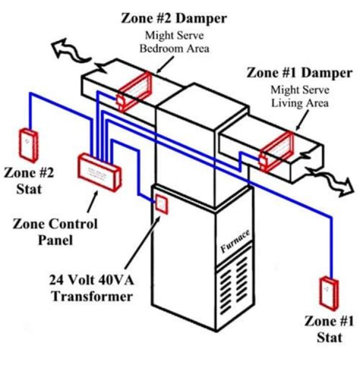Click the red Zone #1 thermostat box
(327, 291)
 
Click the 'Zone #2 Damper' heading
(173, 19)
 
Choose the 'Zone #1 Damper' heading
(299, 73)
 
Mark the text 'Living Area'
(299, 103)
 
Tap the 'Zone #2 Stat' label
(29, 181)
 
